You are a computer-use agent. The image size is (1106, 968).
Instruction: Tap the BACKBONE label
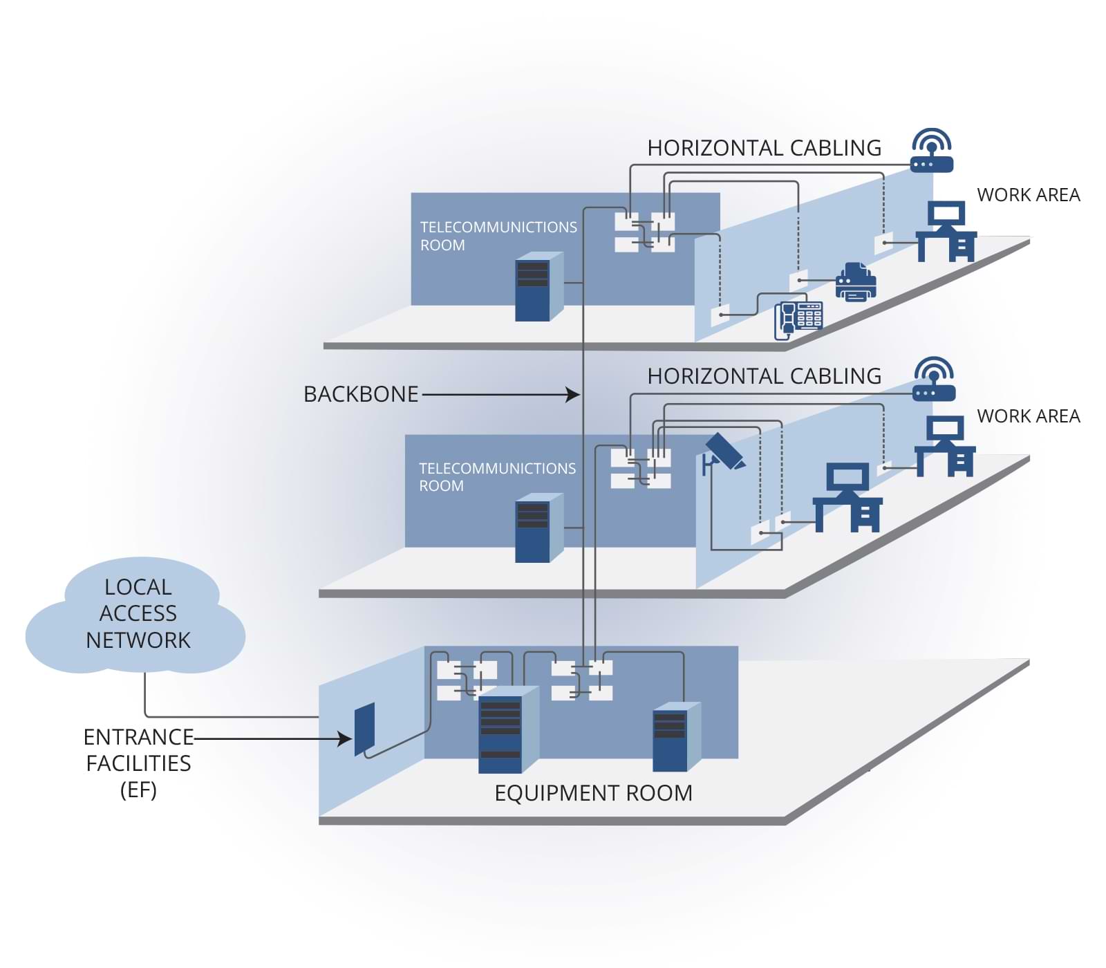361,394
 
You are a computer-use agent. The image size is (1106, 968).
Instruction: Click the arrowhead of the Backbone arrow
574,395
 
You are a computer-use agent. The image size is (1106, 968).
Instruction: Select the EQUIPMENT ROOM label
593,793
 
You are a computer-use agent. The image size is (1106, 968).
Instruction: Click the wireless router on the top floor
932,151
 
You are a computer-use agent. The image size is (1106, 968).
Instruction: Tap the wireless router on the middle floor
934,380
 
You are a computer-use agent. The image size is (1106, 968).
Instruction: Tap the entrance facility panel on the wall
364,729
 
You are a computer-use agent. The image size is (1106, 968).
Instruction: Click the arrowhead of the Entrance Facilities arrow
346,738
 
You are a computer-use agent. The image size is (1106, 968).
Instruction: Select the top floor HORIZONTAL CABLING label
764,148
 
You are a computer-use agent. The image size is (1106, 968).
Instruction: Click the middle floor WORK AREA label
1028,416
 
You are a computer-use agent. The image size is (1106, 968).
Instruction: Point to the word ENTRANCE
138,737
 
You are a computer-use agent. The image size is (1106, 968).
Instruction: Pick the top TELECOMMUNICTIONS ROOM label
498,236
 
